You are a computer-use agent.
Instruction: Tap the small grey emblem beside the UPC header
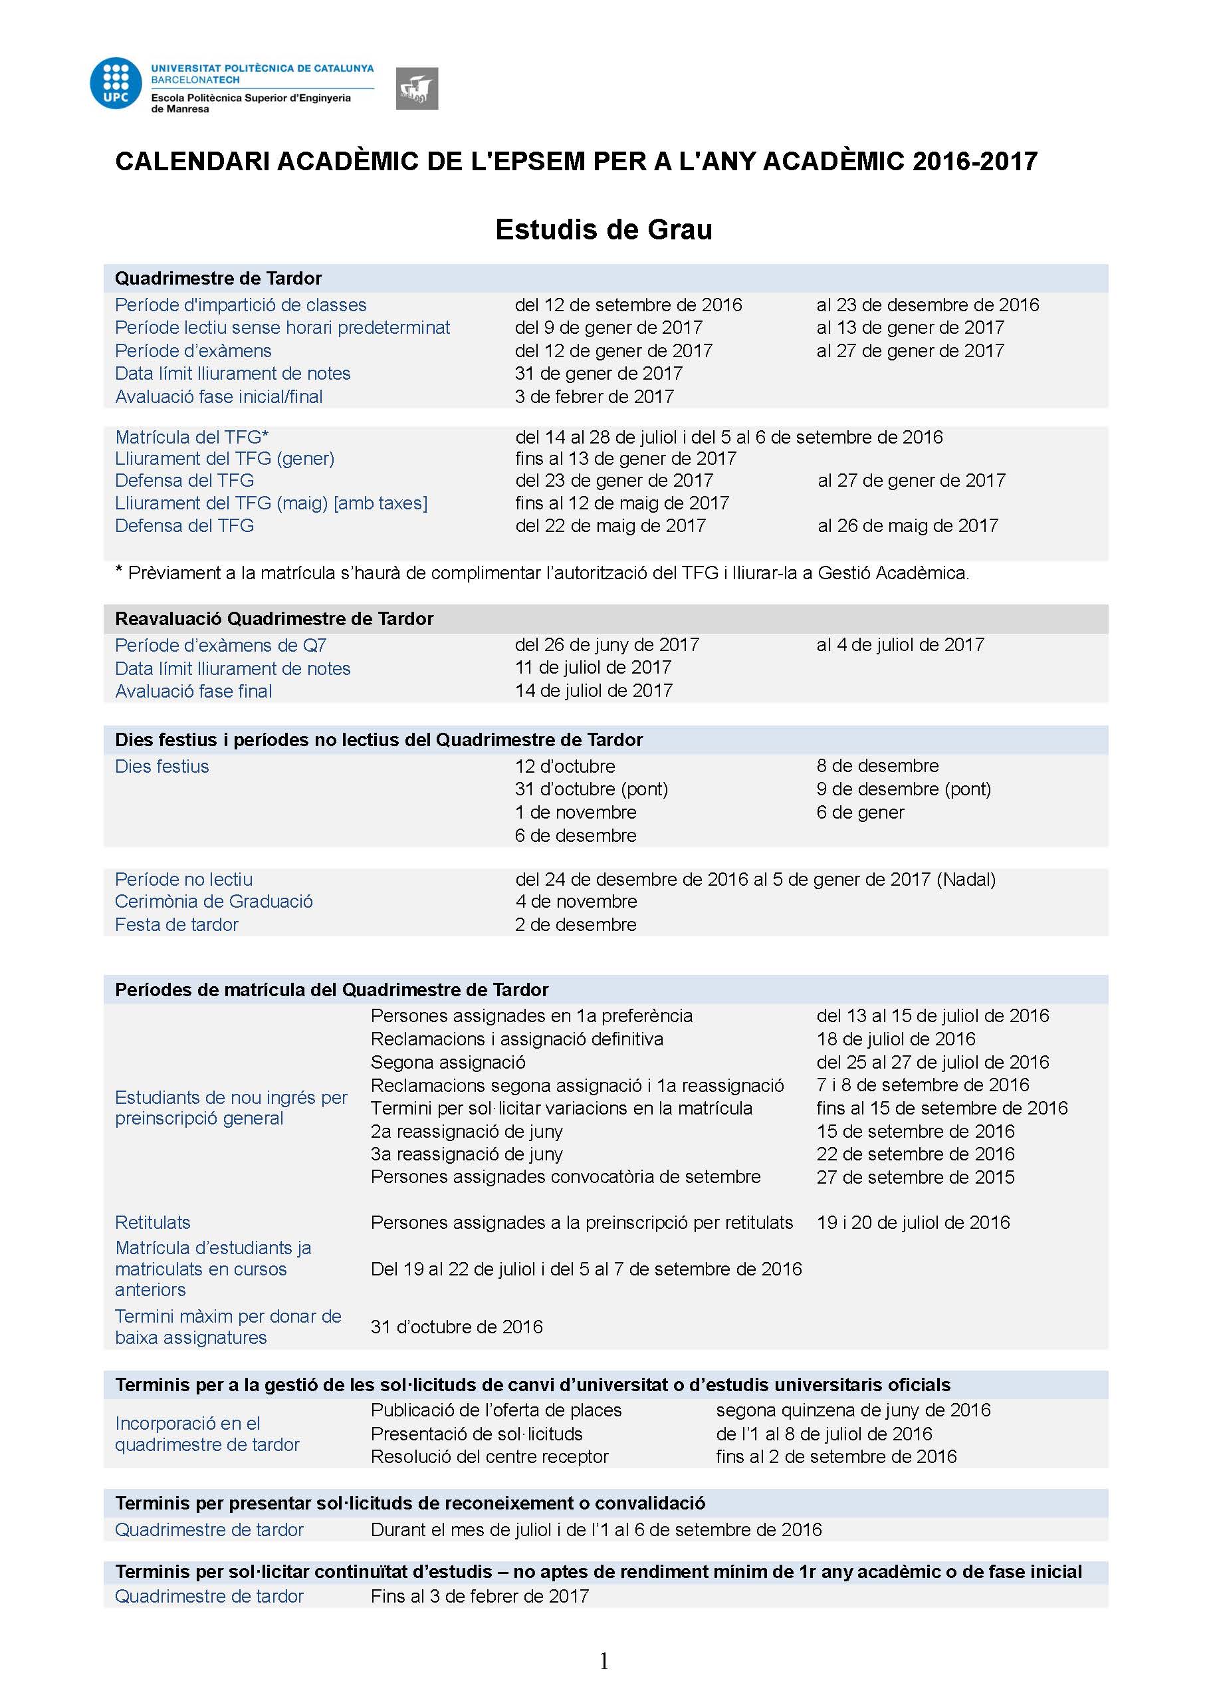tap(417, 88)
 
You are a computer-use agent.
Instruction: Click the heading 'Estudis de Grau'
tap(604, 229)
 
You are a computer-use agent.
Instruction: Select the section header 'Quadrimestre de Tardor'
tap(218, 279)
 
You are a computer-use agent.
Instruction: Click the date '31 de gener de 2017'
tap(599, 373)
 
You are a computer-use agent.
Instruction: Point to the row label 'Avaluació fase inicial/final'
tap(219, 396)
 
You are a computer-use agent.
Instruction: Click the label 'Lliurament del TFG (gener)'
tap(225, 459)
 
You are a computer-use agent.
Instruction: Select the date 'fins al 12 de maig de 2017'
tap(621, 503)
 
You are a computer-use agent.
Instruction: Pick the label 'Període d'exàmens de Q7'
tap(221, 645)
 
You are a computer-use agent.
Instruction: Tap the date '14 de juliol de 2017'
tap(594, 690)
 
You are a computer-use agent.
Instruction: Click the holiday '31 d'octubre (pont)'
tap(591, 789)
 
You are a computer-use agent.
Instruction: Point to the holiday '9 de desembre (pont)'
tap(903, 789)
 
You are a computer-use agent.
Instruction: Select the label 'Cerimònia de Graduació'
tap(213, 901)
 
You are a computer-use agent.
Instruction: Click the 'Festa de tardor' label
tap(176, 924)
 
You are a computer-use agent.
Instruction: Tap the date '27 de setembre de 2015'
tap(915, 1177)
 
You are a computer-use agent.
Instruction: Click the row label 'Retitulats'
tap(153, 1223)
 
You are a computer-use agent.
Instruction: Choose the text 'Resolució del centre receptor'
tap(489, 1456)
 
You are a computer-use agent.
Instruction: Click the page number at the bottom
tap(604, 1661)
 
